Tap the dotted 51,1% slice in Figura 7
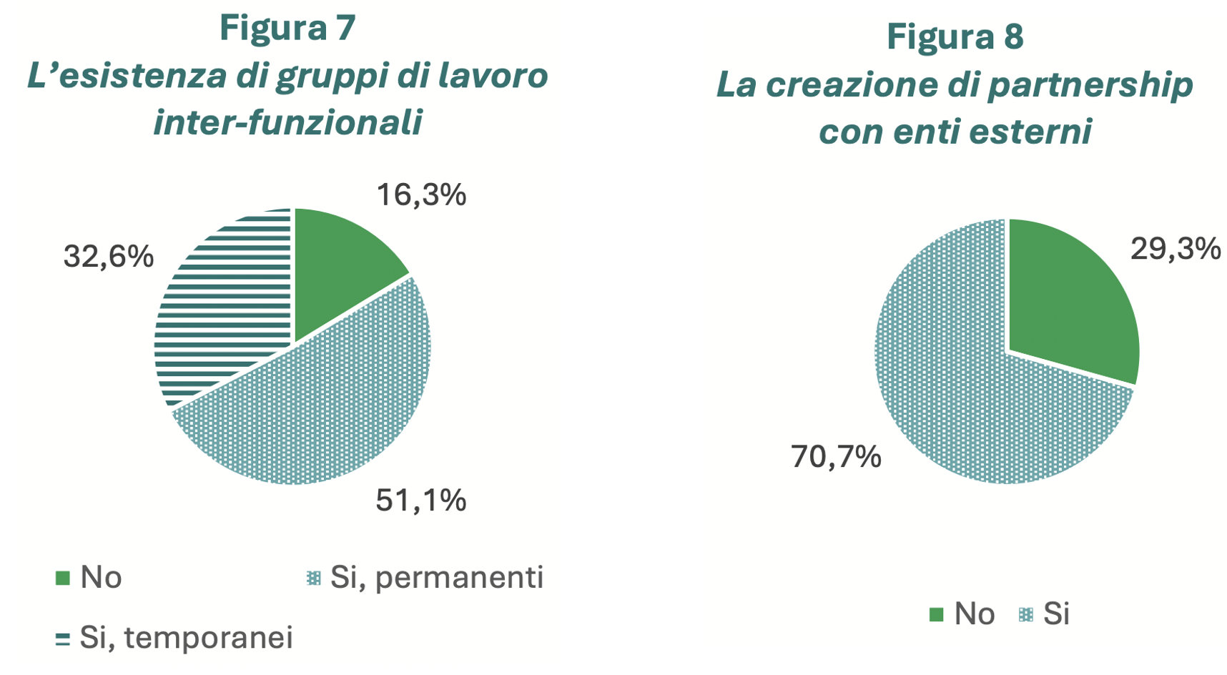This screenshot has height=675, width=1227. pyautogui.click(x=322, y=408)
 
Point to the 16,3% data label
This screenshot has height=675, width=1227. pyautogui.click(x=421, y=194)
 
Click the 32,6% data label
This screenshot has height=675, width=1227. pyautogui.click(x=108, y=256)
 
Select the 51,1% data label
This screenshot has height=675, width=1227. pyautogui.click(x=421, y=501)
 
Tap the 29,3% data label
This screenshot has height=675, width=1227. pyautogui.click(x=1175, y=249)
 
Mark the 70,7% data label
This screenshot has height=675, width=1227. pyautogui.click(x=836, y=456)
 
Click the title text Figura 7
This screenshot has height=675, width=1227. pyautogui.click(x=287, y=28)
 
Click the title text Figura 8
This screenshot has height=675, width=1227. pyautogui.click(x=955, y=36)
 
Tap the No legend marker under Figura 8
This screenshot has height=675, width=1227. pyautogui.click(x=936, y=614)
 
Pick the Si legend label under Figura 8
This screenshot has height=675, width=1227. pyautogui.click(x=1056, y=614)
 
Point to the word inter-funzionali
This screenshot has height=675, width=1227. pyautogui.click(x=287, y=122)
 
